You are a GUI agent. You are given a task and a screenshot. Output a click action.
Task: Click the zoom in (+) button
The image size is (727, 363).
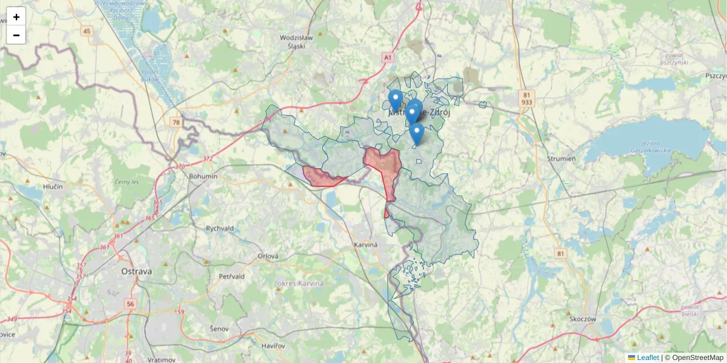pos(16,17)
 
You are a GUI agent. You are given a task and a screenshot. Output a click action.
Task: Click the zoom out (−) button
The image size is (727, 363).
pos(16,35)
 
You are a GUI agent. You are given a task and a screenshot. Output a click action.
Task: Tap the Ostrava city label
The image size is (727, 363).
pos(136,272)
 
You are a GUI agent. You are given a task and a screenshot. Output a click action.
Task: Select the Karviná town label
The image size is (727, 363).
pos(365,245)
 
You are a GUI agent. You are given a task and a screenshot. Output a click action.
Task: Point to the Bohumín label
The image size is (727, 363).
pos(203,176)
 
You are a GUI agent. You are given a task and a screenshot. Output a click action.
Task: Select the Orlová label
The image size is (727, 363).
pos(268,256)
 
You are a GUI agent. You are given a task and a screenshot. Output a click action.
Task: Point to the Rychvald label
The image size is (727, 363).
pos(219,229)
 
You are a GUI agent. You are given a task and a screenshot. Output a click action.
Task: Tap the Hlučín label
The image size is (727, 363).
pos(53,188)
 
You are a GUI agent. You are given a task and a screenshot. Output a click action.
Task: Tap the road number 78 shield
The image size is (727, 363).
pos(176,122)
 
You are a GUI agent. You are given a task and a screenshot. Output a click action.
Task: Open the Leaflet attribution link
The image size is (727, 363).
pos(647,358)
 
